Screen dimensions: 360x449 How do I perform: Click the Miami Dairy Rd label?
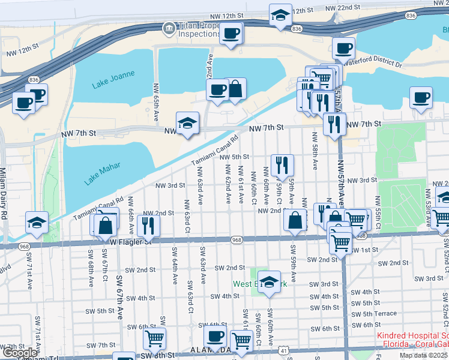4,193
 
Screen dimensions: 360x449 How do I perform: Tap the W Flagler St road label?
133,241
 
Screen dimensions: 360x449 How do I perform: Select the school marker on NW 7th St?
187,122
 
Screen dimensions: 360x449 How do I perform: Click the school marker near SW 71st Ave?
37,222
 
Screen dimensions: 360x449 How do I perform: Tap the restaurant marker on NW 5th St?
282,164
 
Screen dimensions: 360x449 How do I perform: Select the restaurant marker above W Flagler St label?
147,225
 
